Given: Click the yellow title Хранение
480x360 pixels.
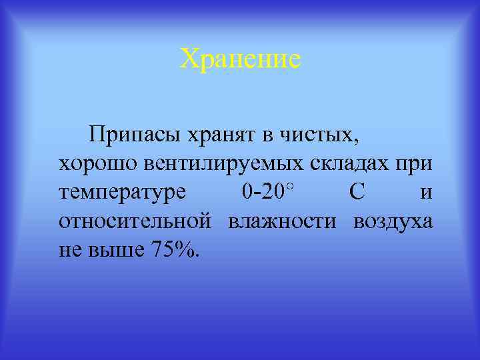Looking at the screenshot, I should [x=240, y=59].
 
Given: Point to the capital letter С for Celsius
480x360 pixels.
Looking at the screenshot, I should [x=357, y=193].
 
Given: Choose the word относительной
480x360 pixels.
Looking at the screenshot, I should [x=135, y=221].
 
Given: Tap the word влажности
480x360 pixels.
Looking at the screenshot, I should [x=282, y=221].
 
